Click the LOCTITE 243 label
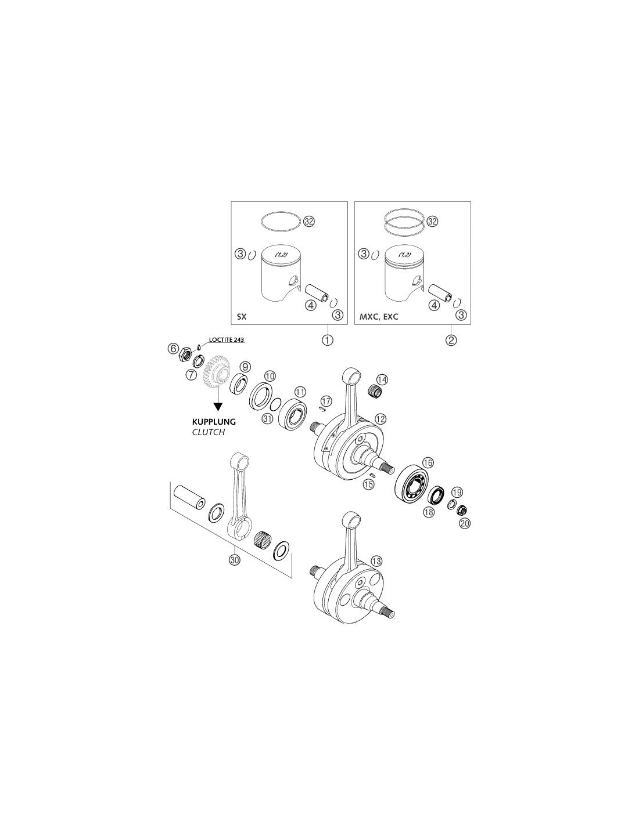coord(226,339)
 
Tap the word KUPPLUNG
coord(214,422)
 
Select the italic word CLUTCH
coord(209,432)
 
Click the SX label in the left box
coord(242,317)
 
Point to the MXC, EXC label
coord(379,317)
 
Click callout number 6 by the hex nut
coord(173,348)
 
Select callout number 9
coord(245,367)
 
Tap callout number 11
coord(300,392)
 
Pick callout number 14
coord(382,379)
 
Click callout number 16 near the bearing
coord(428,462)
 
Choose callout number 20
coord(465,523)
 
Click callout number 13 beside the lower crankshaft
coord(376,561)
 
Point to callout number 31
coord(268,418)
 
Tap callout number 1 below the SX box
coord(327,340)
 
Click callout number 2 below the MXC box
coord(451,340)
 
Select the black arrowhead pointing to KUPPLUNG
coord(218,407)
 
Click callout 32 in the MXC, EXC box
coord(432,221)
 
